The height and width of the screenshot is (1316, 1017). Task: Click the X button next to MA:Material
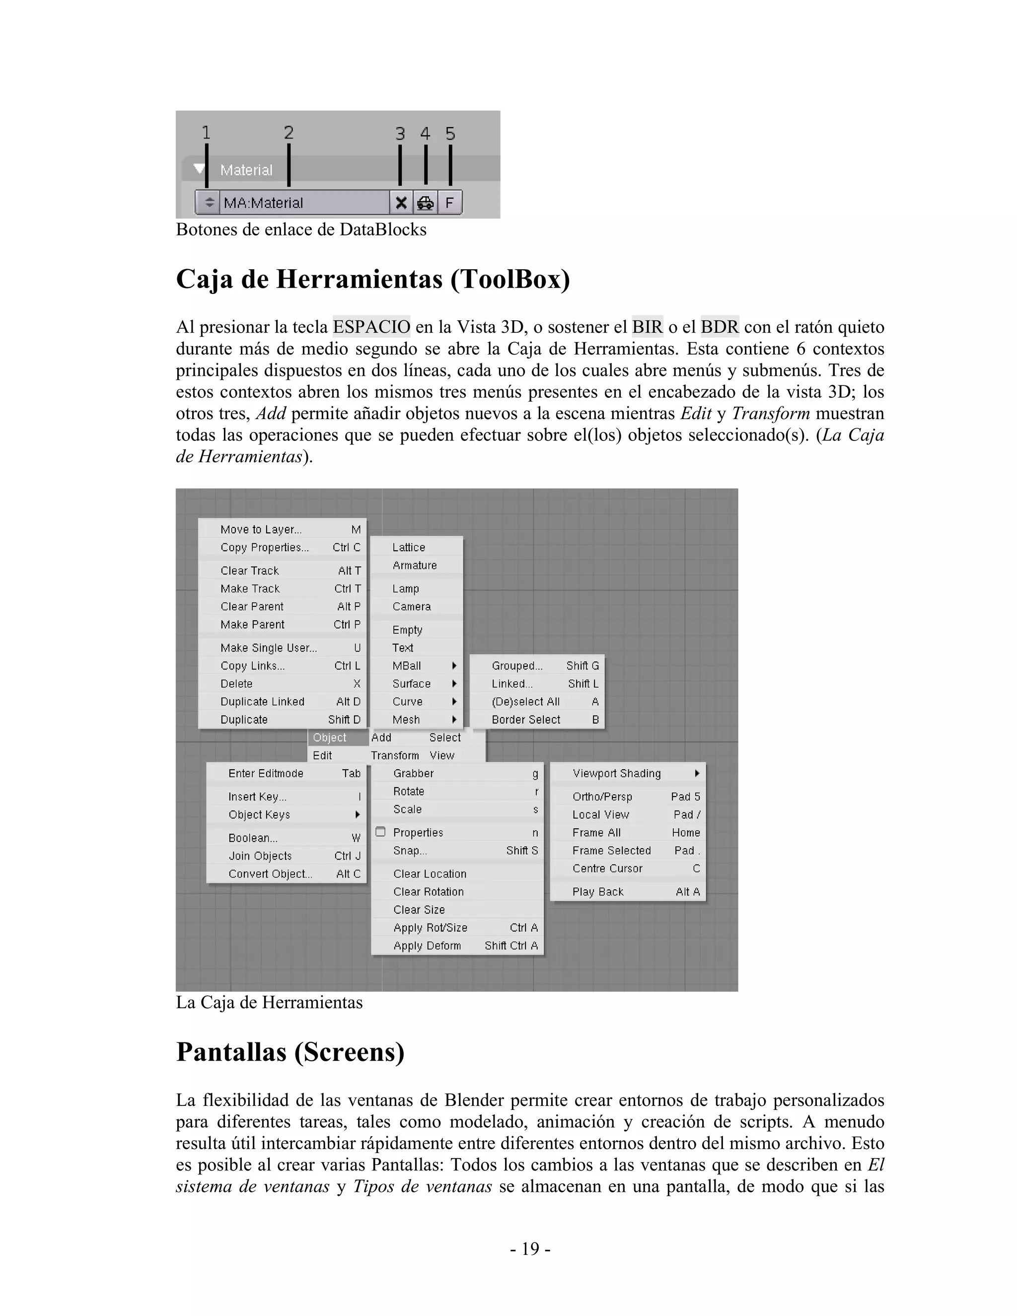coord(401,203)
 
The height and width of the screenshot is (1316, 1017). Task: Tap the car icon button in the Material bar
coord(426,203)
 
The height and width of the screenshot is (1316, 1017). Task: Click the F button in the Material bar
coord(449,203)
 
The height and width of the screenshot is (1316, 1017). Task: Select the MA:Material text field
coord(304,203)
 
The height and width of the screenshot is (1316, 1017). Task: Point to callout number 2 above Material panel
coord(289,133)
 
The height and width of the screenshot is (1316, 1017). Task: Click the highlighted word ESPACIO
coord(371,327)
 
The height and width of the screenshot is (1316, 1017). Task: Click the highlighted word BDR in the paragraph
coord(720,327)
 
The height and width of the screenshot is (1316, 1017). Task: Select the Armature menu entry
coord(415,565)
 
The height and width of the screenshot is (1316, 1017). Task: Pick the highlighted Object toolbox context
coord(330,737)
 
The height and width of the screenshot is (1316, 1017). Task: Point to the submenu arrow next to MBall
coord(454,666)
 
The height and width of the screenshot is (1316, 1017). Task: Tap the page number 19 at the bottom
coord(530,1249)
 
